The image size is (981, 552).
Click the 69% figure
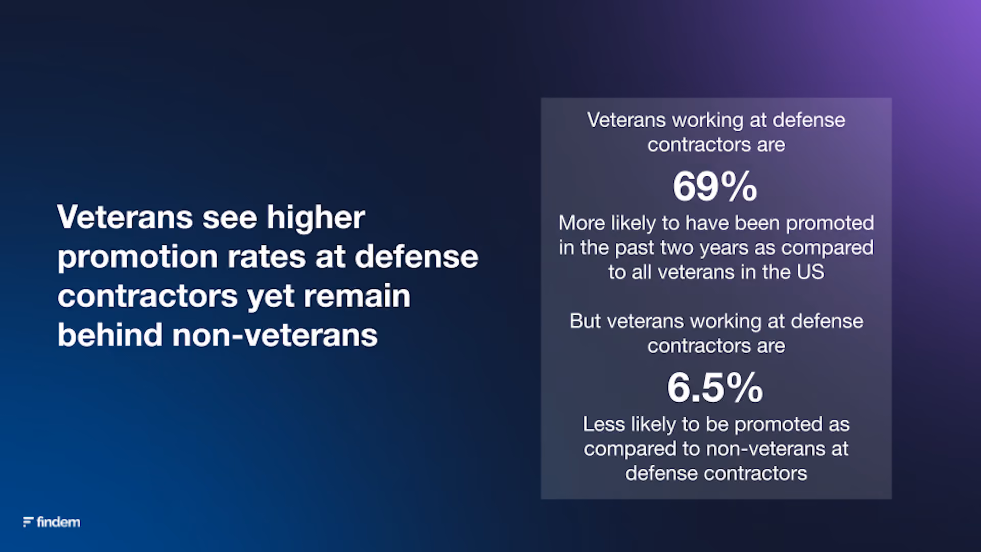(715, 187)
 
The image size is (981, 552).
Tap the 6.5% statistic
(715, 387)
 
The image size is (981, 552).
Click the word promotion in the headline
(138, 258)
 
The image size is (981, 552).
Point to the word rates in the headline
(267, 257)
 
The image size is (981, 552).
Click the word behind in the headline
(110, 335)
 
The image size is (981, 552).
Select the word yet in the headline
(271, 298)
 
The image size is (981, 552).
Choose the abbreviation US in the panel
(810, 272)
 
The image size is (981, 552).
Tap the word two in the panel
(677, 248)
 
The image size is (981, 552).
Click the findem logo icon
(28, 522)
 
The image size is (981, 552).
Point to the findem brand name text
(58, 522)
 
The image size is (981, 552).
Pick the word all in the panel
(641, 272)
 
